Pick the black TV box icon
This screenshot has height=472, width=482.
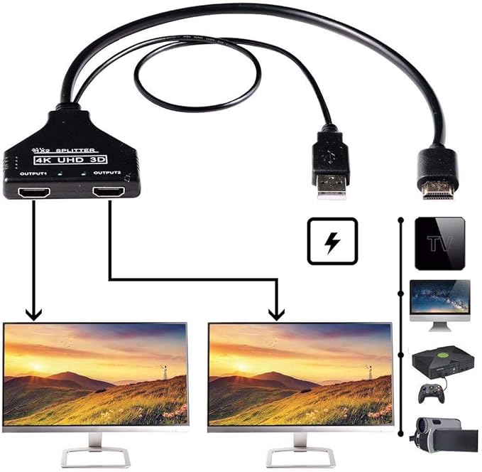coord(439,243)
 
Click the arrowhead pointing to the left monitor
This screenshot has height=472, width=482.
coord(33,313)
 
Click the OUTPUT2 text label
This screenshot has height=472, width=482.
coord(108,173)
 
